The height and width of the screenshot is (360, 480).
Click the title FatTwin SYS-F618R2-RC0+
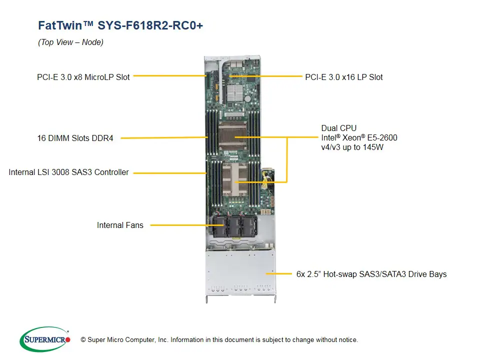pos(120,25)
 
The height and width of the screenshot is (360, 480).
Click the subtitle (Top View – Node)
pos(70,42)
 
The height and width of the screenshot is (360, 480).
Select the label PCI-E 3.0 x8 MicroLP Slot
pos(83,77)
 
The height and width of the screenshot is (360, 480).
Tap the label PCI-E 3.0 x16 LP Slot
pos(344,77)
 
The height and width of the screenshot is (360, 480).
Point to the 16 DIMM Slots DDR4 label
pos(75,138)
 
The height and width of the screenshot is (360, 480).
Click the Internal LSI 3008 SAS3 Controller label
pos(68,172)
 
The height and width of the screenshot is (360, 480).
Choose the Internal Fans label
pos(120,225)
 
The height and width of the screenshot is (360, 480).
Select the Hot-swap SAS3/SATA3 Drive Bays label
pos(371,274)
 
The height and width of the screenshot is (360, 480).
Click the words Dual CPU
pos(339,128)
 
